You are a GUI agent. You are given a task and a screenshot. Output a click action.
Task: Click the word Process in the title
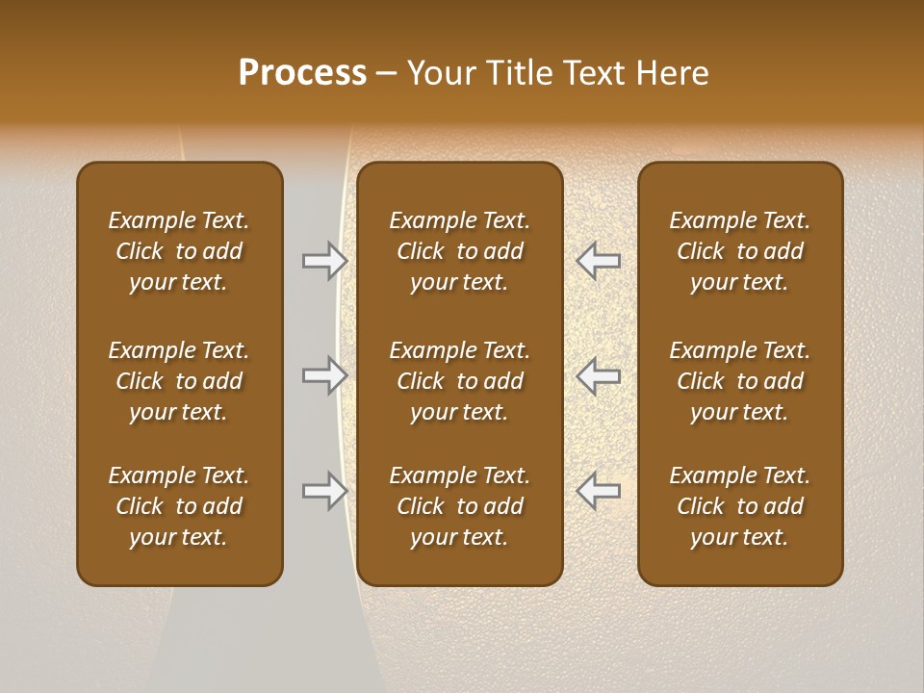coord(302,73)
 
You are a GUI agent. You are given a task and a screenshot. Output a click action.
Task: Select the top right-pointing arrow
coord(324,260)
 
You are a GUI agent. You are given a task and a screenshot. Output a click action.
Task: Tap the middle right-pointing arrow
coord(324,375)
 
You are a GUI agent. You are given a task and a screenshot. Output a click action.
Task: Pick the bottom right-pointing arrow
coord(324,491)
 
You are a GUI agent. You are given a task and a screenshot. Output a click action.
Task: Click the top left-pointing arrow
coord(598,260)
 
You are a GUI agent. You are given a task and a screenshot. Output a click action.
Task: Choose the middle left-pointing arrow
coord(598,375)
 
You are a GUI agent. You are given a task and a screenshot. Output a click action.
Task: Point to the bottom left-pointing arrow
coord(598,491)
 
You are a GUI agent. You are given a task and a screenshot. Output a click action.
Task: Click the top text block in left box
coord(179,251)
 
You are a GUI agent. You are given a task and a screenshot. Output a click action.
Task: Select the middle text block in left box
coord(179,381)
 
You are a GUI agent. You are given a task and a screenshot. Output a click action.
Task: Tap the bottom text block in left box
coord(179,506)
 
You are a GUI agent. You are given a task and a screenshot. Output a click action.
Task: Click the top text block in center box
coord(459,251)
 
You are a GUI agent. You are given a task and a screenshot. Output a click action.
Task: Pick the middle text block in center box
coord(459,381)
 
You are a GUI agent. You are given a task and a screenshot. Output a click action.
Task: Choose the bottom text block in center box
coord(459,506)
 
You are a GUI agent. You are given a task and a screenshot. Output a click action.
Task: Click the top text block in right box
coord(739,251)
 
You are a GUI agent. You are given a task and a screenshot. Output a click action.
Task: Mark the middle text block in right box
coord(739,381)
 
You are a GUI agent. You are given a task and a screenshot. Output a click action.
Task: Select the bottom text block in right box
coord(739,506)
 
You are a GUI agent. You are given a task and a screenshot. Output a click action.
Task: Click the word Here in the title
coord(671,73)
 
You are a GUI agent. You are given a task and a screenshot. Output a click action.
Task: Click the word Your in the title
coord(441,73)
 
